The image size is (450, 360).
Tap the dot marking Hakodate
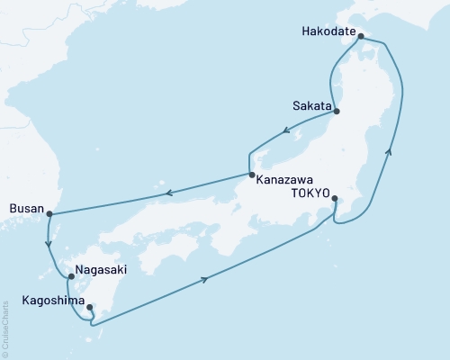click(361, 37)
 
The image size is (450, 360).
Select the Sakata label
click(310, 105)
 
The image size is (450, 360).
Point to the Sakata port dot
click(337, 112)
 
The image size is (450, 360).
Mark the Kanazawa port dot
click(252, 175)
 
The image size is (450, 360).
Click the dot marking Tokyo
click(334, 199)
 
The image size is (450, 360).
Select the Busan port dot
click(49, 214)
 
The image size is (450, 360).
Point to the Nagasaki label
click(97, 269)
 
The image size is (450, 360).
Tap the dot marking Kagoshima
click(89, 308)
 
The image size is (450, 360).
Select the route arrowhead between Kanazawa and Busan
click(166, 191)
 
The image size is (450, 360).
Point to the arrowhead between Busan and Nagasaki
click(48, 243)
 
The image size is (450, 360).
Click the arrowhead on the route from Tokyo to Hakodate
click(390, 154)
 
